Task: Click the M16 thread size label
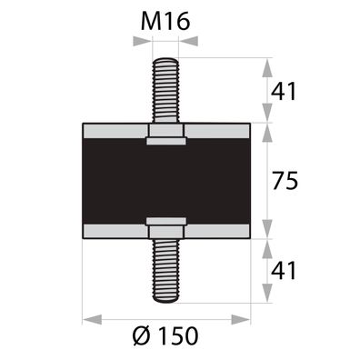[166, 20]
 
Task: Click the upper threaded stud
[166, 91]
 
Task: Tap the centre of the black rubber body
[166, 181]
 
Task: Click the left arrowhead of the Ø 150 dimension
[88, 319]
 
